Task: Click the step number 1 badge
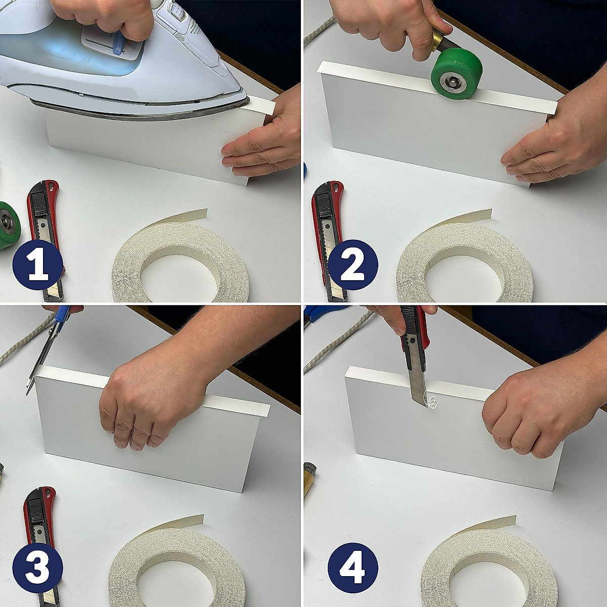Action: (x=37, y=265)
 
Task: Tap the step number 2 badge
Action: (x=353, y=265)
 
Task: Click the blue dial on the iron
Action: (x=118, y=42)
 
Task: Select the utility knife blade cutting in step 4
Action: (x=417, y=384)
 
